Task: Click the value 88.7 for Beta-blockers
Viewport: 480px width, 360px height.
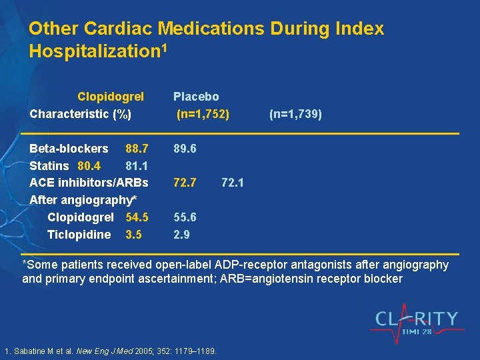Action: (137, 148)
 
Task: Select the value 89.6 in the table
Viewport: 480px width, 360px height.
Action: (185, 148)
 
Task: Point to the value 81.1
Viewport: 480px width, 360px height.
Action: (137, 165)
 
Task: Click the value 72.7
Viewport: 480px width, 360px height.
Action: (185, 182)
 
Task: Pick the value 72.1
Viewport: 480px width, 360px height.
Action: (233, 182)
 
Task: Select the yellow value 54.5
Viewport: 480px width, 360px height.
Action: (137, 217)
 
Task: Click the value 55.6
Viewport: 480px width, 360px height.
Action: (185, 217)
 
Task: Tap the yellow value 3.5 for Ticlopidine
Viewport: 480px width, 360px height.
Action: (133, 235)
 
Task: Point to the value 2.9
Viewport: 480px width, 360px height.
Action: (181, 235)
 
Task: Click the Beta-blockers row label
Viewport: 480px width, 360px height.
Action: (69, 148)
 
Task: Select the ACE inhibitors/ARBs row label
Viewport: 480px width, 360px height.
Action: (89, 182)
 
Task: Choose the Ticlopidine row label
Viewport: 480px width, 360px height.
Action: (79, 235)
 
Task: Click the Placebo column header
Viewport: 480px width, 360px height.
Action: (196, 97)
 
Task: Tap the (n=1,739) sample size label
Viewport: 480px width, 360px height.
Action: (295, 115)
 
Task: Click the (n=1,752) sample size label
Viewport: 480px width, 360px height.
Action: (203, 115)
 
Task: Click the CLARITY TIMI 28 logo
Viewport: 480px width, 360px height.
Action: (417, 323)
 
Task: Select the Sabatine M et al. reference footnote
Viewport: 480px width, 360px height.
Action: (111, 351)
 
